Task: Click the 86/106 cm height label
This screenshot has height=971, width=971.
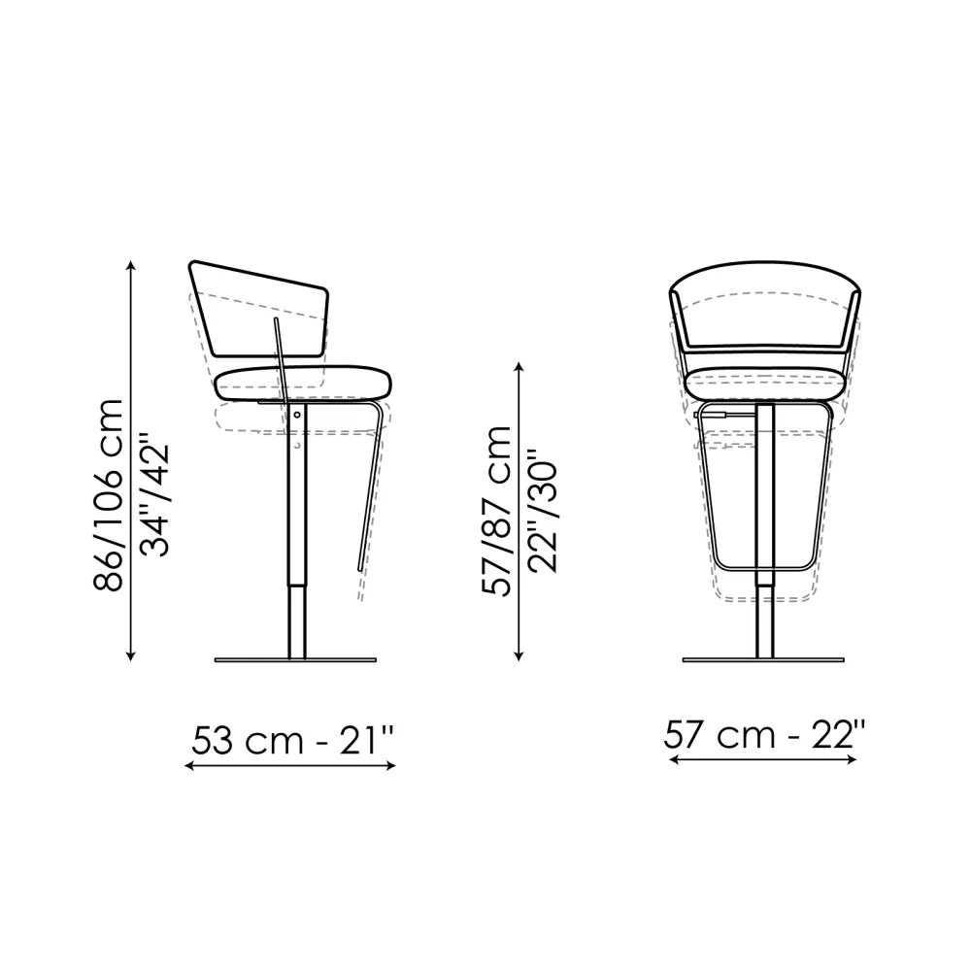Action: coord(109,495)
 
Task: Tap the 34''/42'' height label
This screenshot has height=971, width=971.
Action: coord(154,494)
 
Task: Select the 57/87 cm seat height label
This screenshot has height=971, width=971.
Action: coord(497,511)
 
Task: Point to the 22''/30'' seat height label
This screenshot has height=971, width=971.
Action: coord(543,511)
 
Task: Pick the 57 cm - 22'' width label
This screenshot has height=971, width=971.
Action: coord(764,735)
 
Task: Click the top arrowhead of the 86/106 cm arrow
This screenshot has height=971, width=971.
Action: coord(131,266)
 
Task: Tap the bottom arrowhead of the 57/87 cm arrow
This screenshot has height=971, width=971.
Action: coord(519,655)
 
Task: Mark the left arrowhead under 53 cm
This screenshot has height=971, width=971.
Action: coord(190,766)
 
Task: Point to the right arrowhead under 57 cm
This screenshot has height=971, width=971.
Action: coord(852,760)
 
